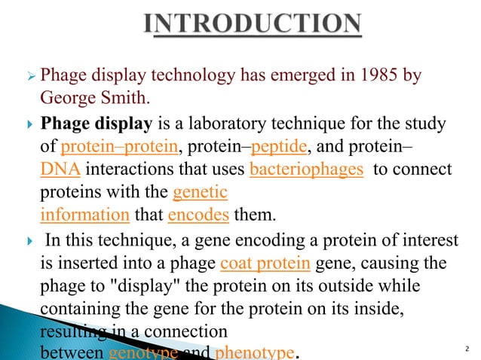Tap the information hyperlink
click(x=84, y=215)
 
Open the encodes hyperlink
click(x=198, y=215)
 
